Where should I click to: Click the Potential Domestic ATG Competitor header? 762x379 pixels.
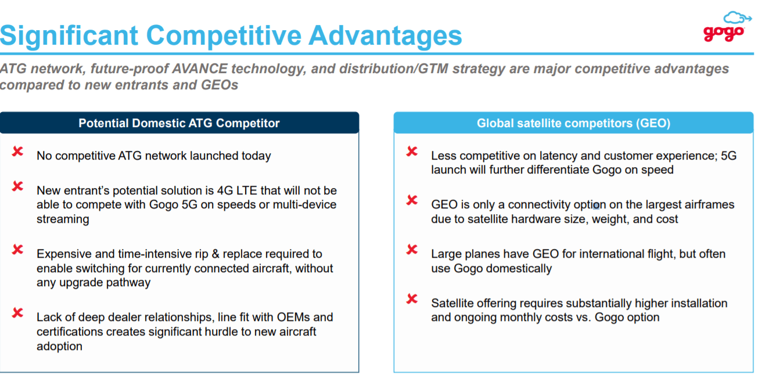pos(179,123)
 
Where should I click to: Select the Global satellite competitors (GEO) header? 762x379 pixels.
pos(573,123)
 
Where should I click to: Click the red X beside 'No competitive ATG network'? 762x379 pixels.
pos(18,152)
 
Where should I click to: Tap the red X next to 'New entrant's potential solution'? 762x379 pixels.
pos(18,186)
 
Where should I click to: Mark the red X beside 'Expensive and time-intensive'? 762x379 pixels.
pos(18,250)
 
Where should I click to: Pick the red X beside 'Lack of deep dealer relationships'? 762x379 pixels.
pos(18,313)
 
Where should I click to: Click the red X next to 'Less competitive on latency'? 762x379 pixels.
pos(412,152)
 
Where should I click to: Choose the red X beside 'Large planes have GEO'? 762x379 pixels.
pos(412,250)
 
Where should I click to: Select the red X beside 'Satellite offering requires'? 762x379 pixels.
pos(412,299)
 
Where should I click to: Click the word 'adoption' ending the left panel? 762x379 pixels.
pos(59,346)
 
